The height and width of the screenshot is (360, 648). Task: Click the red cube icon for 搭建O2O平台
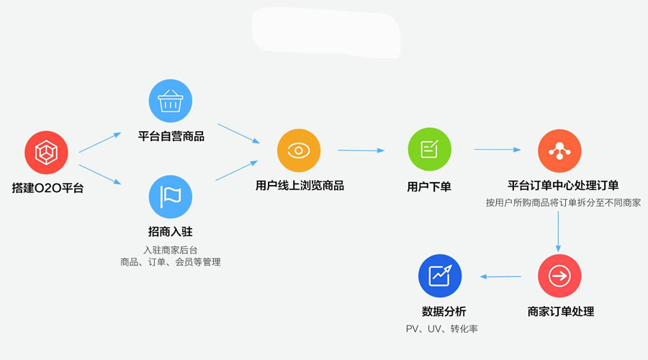coord(46,152)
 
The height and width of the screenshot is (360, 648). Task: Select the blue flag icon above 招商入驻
coord(170,197)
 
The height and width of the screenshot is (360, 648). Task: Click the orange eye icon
coord(299,150)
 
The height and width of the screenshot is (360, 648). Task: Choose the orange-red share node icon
coord(559,150)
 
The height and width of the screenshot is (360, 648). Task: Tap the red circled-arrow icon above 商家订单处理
coord(559,276)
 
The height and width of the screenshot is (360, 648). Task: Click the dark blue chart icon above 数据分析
coord(440,276)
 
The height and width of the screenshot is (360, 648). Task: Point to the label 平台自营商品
coord(171,135)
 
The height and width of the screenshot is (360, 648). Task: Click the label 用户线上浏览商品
coord(300,186)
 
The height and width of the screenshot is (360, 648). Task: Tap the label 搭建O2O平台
coord(48,188)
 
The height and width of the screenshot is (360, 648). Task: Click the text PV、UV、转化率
coord(442,329)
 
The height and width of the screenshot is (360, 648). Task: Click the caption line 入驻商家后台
coord(171,249)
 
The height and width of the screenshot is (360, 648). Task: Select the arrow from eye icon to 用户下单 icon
coord(361,150)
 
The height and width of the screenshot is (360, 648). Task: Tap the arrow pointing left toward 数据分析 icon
coord(501,276)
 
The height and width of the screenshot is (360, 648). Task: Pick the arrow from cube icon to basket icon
coord(100,143)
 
